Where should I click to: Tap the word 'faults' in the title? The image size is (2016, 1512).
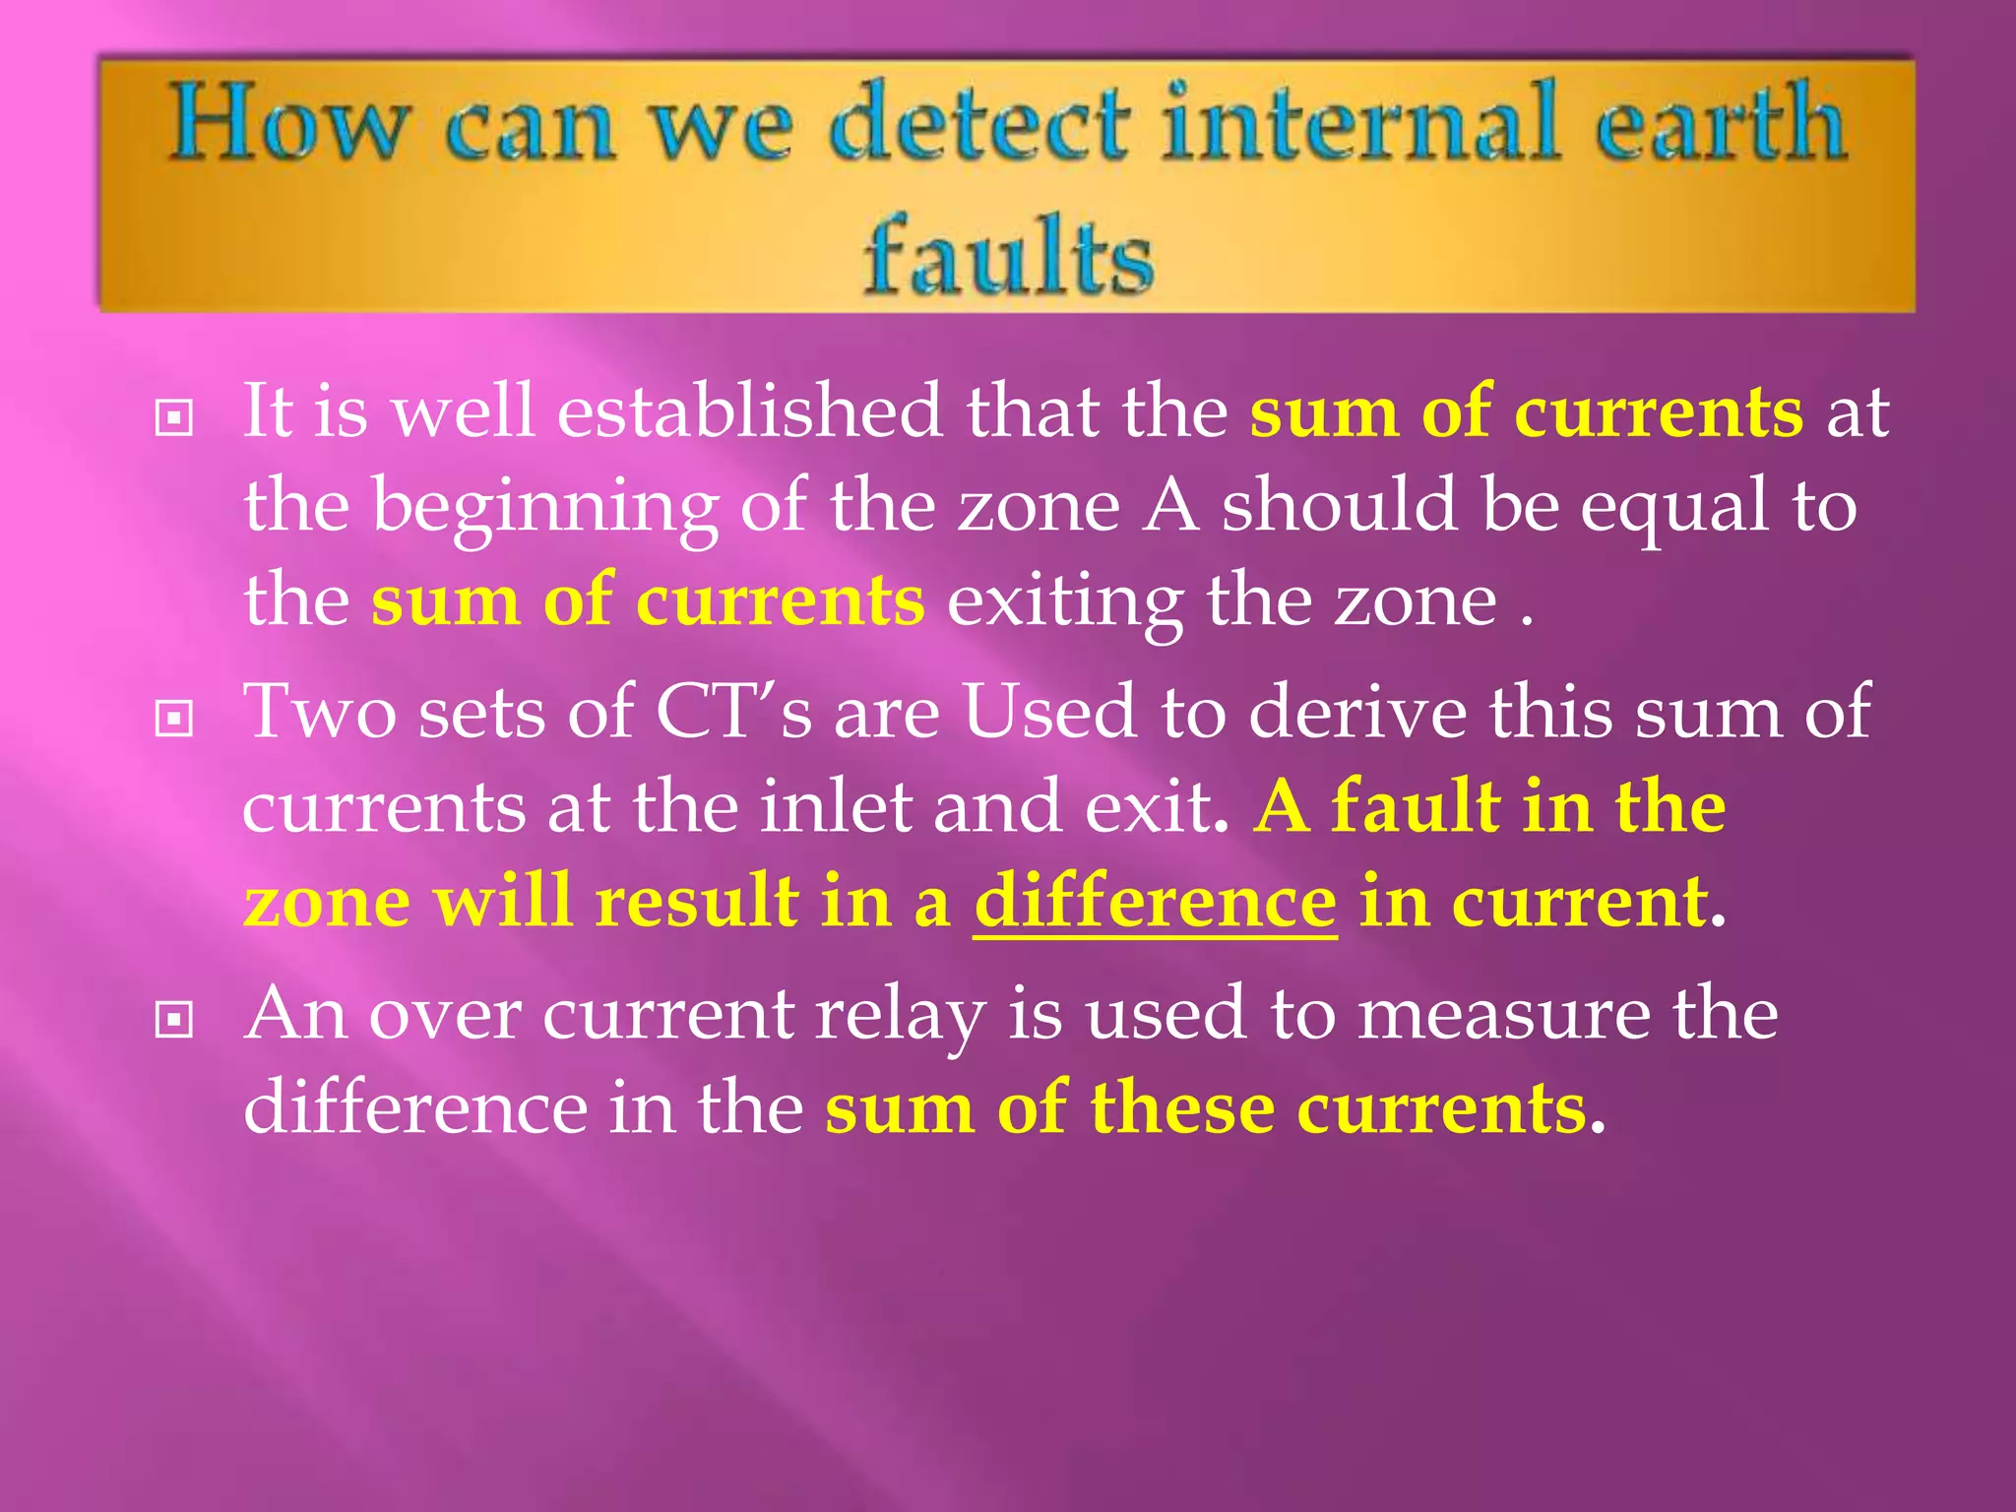pyautogui.click(x=1008, y=256)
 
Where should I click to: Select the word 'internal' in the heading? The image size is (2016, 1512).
pyautogui.click(x=1360, y=125)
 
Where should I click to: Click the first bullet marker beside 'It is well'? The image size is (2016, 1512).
pyautogui.click(x=174, y=419)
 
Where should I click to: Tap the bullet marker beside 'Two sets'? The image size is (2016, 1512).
pyautogui.click(x=174, y=719)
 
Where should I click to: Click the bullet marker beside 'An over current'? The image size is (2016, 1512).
pyautogui.click(x=174, y=1020)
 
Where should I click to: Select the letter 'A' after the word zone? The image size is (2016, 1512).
pyautogui.click(x=1170, y=506)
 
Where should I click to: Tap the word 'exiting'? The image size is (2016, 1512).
pyautogui.click(x=1065, y=601)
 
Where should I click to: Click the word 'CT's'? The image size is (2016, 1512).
pyautogui.click(x=733, y=711)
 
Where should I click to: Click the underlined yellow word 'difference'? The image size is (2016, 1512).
pyautogui.click(x=1155, y=902)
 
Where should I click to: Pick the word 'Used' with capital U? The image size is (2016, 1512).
pyautogui.click(x=1049, y=711)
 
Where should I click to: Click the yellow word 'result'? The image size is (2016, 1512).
pyautogui.click(x=697, y=902)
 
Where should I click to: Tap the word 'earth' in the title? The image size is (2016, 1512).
pyautogui.click(x=1719, y=125)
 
